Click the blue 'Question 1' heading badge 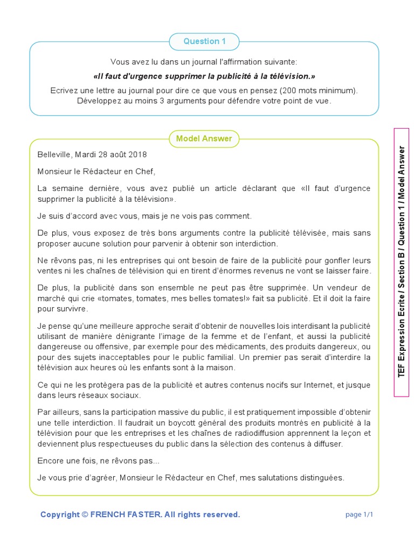(204, 41)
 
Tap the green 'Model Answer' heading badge (204, 139)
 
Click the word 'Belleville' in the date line (54, 154)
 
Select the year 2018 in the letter (137, 154)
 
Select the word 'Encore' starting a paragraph (50, 461)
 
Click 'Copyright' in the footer (59, 514)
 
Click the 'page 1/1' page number (359, 514)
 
